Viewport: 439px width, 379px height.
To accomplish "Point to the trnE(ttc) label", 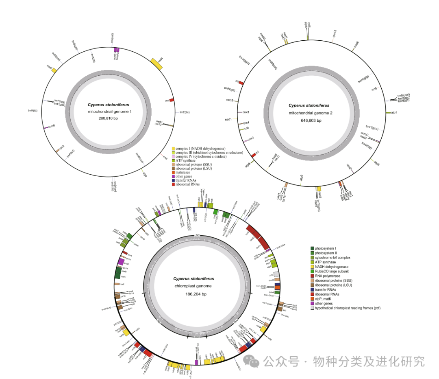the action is tap(185, 112).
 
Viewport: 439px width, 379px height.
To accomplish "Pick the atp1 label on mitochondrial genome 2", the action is tap(394, 112).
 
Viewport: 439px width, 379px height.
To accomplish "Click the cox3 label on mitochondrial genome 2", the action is tap(245, 112).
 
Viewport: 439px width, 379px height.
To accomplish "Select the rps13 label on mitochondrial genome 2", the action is tap(334, 33).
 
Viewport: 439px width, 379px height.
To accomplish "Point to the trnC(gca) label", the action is tap(372, 128).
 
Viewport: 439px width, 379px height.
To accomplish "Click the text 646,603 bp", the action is tap(311, 120).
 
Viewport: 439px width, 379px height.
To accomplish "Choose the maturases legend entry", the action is tap(183, 173).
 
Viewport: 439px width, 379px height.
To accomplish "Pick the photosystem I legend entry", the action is tap(326, 248).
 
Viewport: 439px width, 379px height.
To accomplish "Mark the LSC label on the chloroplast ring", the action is tap(198, 236).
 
